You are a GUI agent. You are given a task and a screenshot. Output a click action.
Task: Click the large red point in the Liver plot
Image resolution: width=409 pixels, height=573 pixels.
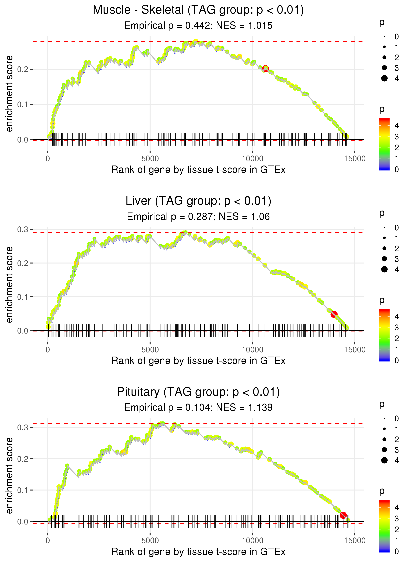point(334,314)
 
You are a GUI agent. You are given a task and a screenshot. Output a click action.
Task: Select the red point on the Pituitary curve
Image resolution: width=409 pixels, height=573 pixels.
point(343,515)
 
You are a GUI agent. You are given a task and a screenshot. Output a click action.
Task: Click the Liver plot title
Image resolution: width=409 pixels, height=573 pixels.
point(198,201)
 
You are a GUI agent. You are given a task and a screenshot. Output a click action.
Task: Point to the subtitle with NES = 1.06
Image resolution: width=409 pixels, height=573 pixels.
point(198,216)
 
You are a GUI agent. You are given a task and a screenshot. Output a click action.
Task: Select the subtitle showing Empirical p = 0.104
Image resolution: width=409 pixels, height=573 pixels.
point(198,407)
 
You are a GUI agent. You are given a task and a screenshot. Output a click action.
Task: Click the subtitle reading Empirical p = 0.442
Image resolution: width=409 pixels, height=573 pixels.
point(198,25)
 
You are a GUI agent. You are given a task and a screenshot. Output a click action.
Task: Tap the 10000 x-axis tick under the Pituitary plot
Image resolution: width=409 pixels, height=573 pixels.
point(252,540)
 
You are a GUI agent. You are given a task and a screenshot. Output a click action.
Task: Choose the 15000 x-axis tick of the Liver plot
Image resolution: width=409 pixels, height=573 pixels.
point(355,350)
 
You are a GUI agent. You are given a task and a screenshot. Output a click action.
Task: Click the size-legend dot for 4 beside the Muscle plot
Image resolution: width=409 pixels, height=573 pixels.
point(384,78)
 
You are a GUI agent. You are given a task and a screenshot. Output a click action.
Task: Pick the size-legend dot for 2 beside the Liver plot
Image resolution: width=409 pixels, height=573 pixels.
point(384,249)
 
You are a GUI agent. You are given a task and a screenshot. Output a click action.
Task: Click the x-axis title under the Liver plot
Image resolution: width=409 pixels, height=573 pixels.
point(198,361)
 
